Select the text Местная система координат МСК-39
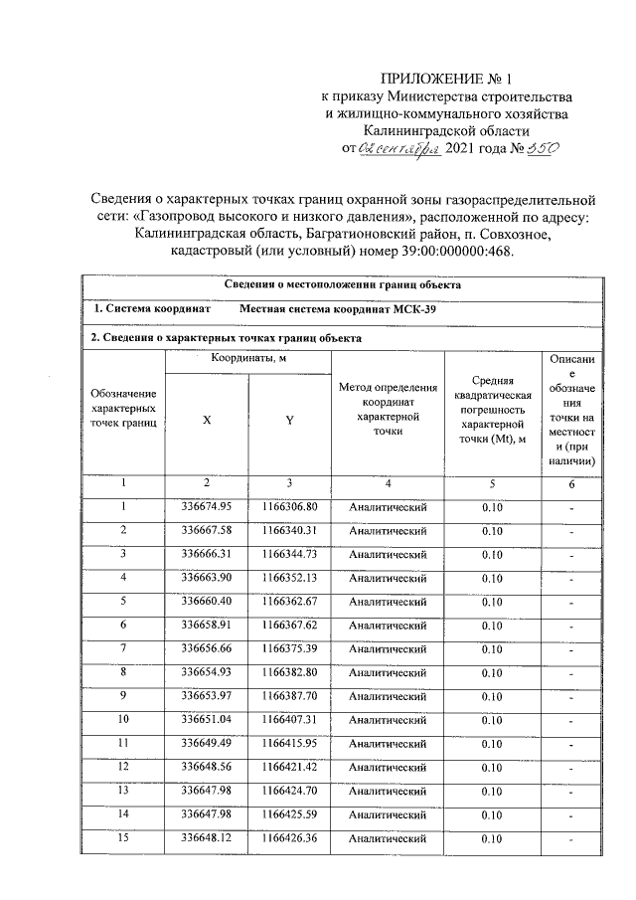339,309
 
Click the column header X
206,420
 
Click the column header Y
289,420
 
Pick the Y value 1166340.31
289,531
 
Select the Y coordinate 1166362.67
289,602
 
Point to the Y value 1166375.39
289,649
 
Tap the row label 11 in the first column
124,743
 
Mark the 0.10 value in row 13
491,792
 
